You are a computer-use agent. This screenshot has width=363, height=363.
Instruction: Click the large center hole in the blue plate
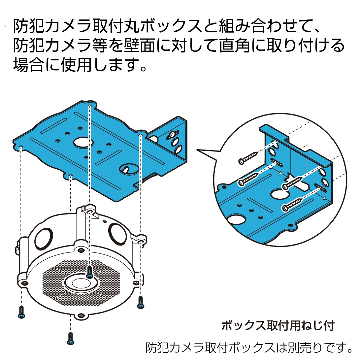[x=83, y=143]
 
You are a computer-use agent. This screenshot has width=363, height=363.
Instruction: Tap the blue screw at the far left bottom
[x=21, y=312]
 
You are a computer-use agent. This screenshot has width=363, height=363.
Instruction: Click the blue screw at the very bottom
[x=71, y=339]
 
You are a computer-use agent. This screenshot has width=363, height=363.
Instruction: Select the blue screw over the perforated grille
[x=89, y=272]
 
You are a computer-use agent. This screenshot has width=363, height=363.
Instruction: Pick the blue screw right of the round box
[x=141, y=302]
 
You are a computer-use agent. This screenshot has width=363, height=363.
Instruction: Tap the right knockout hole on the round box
[x=117, y=234]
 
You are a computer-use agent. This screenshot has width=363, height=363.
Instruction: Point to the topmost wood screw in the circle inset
[x=248, y=158]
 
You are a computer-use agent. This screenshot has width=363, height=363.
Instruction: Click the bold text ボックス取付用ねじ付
[x=278, y=325]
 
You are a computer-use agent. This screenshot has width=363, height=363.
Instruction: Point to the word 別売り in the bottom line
[x=298, y=347]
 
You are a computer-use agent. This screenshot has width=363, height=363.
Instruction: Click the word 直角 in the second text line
[x=235, y=45]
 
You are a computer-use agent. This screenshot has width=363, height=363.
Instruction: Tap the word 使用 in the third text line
[x=76, y=65]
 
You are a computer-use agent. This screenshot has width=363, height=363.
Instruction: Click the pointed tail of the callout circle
[x=197, y=150]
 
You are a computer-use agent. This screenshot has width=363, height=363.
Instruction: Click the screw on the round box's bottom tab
[x=81, y=315]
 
